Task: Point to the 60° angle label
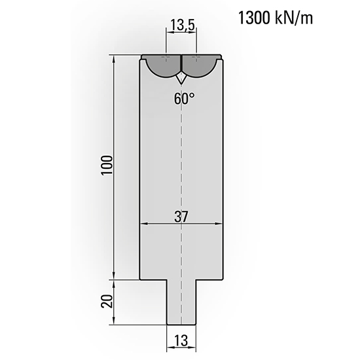[184, 99]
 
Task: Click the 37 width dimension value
[181, 217]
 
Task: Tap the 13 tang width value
[182, 340]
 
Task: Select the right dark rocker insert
[200, 65]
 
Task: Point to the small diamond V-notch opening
[181, 77]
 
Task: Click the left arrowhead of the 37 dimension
[144, 224]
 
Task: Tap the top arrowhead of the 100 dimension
[116, 60]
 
